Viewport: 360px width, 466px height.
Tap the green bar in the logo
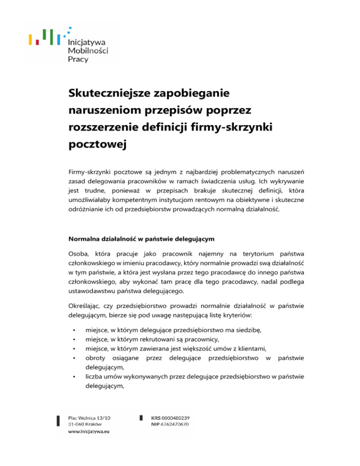click(44, 34)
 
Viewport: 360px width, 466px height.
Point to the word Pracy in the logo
click(78, 60)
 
